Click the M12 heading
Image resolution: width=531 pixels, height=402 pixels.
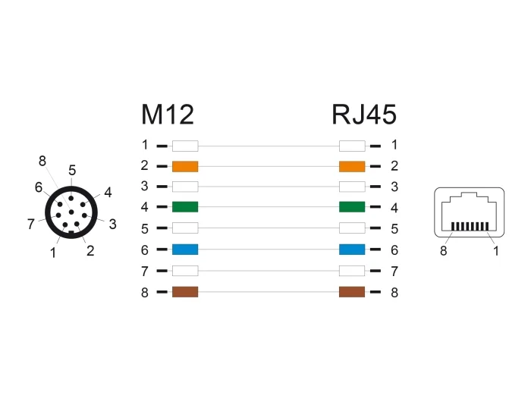(x=168, y=115)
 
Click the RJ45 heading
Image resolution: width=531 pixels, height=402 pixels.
(x=364, y=115)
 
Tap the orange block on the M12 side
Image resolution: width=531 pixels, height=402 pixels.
(x=185, y=166)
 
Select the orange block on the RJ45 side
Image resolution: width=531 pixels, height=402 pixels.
(x=352, y=166)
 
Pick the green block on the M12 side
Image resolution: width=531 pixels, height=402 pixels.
(x=185, y=206)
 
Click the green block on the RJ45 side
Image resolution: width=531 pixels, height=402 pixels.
(x=352, y=206)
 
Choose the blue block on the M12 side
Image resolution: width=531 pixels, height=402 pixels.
(x=185, y=250)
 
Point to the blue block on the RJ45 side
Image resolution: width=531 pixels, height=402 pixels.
(x=352, y=250)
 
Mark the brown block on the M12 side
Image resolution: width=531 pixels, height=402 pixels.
(x=185, y=291)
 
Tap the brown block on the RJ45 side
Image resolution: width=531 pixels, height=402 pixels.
(x=352, y=291)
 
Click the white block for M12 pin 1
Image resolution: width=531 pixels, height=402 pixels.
(x=185, y=146)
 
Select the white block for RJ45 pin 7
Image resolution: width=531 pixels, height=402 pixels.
(x=352, y=271)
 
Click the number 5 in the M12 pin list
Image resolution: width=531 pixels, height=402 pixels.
(x=145, y=229)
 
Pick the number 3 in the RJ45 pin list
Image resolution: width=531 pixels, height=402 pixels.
(x=394, y=187)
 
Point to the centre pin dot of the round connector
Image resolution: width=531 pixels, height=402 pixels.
(x=71, y=212)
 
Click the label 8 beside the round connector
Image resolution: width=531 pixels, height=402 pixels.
(x=42, y=162)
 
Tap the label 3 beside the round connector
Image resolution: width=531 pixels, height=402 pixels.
(x=113, y=225)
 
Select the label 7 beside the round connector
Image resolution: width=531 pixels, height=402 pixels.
(x=31, y=224)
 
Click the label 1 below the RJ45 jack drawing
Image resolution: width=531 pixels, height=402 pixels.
(x=496, y=251)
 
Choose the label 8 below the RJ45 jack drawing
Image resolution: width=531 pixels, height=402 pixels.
(x=443, y=251)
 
